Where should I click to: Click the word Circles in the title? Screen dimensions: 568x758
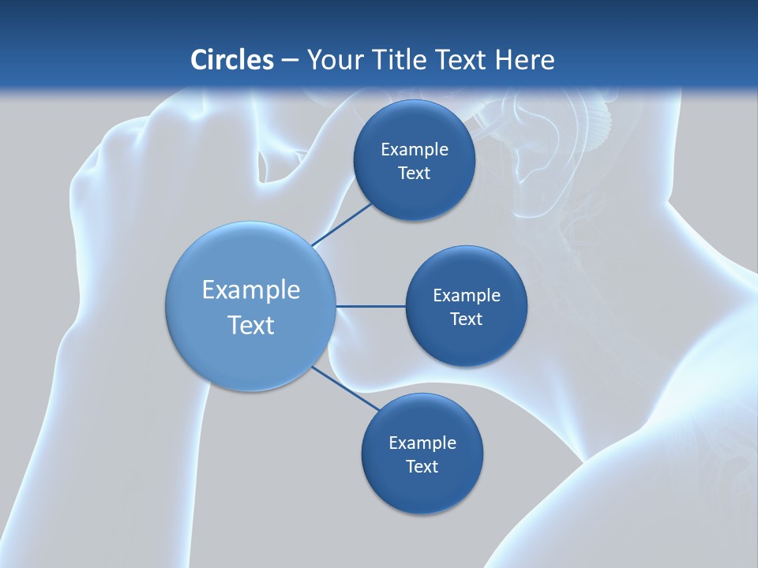pyautogui.click(x=231, y=59)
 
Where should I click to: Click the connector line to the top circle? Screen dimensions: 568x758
pyautogui.click(x=342, y=224)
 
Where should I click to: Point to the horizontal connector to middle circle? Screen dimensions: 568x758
pyautogui.click(x=370, y=306)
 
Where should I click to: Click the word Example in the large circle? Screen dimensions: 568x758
pyautogui.click(x=251, y=290)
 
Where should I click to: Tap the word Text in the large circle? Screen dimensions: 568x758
pyautogui.click(x=251, y=325)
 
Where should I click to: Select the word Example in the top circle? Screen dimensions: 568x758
pyautogui.click(x=415, y=150)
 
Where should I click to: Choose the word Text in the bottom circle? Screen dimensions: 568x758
pyautogui.click(x=422, y=467)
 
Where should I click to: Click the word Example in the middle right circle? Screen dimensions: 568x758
pyautogui.click(x=467, y=296)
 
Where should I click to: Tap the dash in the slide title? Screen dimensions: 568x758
pyautogui.click(x=289, y=61)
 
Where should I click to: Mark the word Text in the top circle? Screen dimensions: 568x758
pyautogui.click(x=414, y=174)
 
